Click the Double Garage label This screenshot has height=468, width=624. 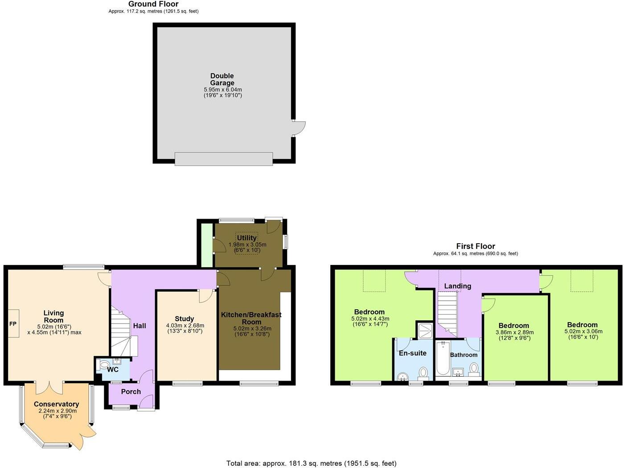[x=222, y=79]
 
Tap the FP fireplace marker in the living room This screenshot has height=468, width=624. [x=13, y=323]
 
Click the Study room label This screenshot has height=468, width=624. [x=184, y=319]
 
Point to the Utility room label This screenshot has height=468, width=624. [x=246, y=238]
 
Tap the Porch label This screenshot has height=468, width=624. [x=131, y=392]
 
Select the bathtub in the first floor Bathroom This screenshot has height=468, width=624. [x=443, y=359]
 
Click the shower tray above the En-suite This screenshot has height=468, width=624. [x=425, y=330]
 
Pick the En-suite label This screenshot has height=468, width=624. [x=412, y=353]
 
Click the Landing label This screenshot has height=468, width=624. [x=457, y=286]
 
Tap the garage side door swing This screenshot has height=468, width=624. [x=299, y=128]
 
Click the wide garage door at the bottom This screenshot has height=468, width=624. [x=223, y=159]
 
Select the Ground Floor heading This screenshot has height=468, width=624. [x=153, y=4]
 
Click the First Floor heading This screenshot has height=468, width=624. [x=475, y=246]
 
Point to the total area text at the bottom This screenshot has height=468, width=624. [x=311, y=463]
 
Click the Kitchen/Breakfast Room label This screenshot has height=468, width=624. [x=251, y=318]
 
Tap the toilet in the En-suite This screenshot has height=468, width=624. [x=423, y=372]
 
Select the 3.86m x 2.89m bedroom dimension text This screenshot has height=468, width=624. [x=514, y=332]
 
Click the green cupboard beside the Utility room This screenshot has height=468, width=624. [x=206, y=245]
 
